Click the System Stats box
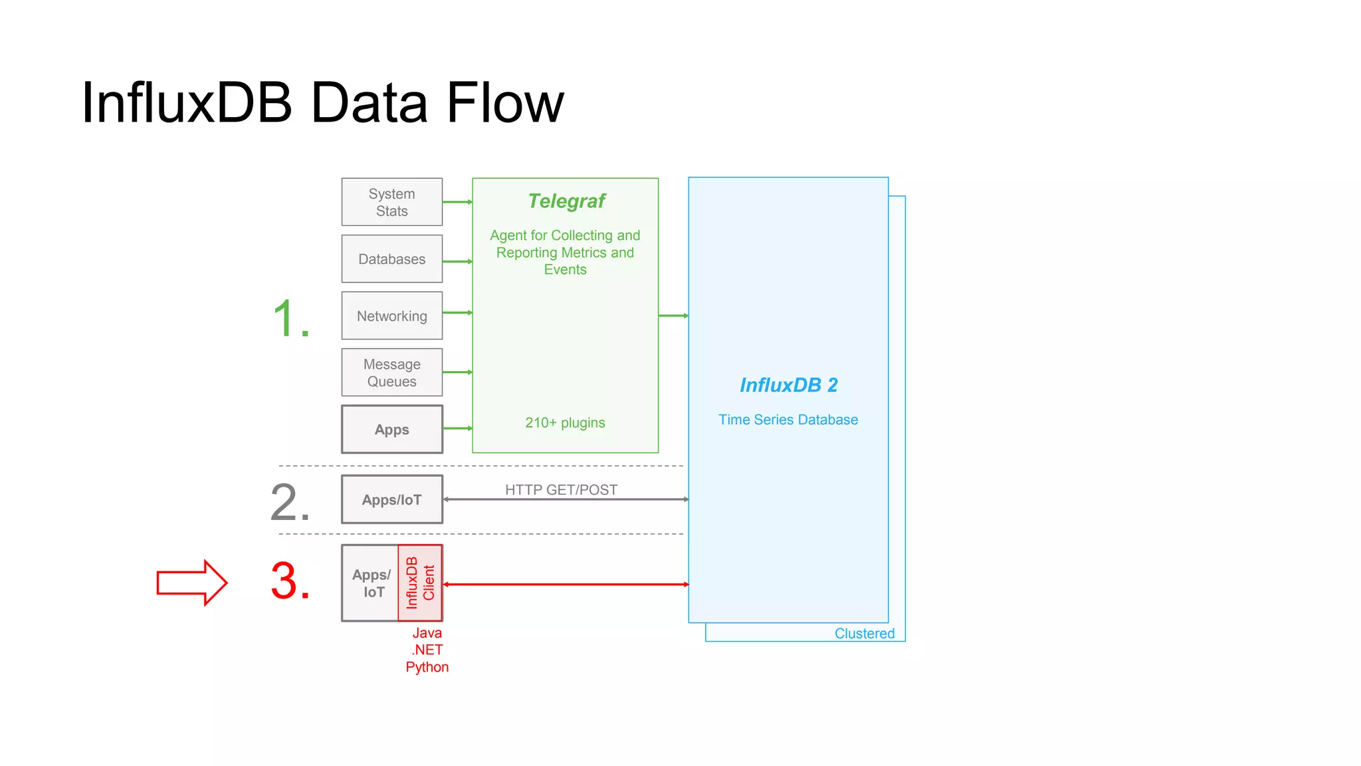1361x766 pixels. click(391, 202)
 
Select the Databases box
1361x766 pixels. click(391, 259)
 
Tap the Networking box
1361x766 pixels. click(391, 316)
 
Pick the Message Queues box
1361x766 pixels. click(391, 373)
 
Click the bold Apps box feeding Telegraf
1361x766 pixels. click(391, 430)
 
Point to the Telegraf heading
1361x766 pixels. click(566, 201)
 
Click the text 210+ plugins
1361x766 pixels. click(565, 423)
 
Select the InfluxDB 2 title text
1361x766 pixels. click(788, 385)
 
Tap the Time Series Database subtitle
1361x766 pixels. click(788, 420)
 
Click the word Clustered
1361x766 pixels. click(864, 634)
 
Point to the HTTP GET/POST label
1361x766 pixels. click(561, 490)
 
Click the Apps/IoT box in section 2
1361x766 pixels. click(391, 500)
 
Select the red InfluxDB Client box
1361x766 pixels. click(420, 583)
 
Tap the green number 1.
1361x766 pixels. click(290, 319)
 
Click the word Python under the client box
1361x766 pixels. click(427, 667)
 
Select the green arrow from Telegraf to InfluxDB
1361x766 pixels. click(673, 316)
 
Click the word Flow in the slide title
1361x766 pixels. click(505, 103)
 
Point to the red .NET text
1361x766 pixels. click(427, 650)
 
